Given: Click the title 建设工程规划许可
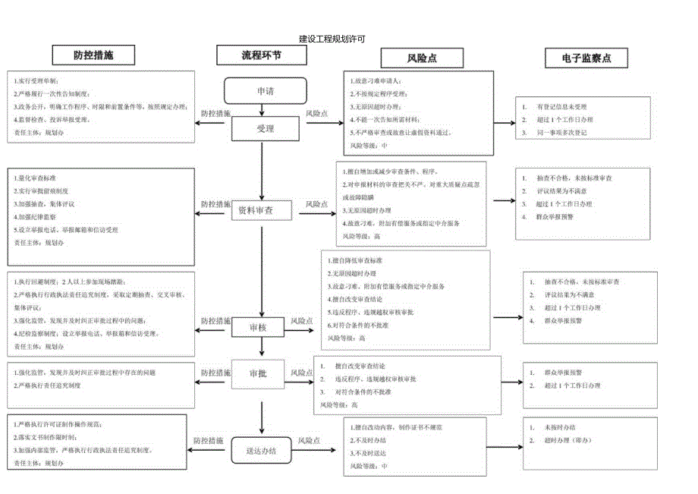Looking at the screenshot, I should coord(332,38).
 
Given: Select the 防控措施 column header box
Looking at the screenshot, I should coord(93,55).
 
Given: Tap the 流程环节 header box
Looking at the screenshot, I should coord(262,55).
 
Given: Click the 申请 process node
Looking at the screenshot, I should coord(266,91).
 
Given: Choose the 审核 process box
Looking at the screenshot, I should coord(259,328).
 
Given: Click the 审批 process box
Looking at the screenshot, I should coord(258,374).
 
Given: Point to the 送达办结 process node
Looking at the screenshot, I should coord(261,450).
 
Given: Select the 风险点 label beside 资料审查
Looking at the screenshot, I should coord(316,204).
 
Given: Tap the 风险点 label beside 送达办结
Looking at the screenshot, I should coord(310,440).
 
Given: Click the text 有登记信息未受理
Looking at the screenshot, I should coord(561,107).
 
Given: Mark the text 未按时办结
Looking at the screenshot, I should coord(559,427).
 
